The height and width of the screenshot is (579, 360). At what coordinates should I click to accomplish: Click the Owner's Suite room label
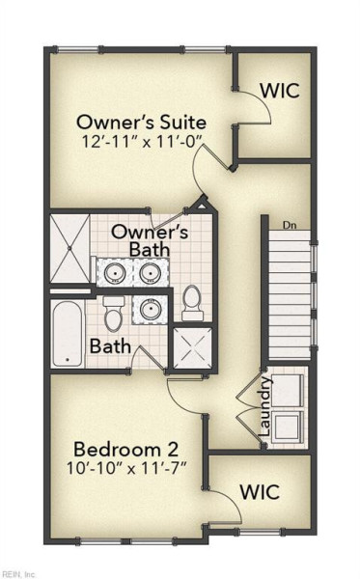(141, 123)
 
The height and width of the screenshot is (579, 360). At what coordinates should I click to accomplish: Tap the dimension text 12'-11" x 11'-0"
(143, 142)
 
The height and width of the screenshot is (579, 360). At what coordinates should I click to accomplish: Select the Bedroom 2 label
(126, 450)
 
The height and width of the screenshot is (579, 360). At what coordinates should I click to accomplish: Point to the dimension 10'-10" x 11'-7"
(125, 468)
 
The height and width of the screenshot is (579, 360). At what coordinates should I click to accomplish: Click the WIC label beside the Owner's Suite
(280, 91)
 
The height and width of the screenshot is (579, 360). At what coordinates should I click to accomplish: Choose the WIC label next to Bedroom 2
(260, 492)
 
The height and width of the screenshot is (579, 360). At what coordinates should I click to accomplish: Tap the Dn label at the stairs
(290, 225)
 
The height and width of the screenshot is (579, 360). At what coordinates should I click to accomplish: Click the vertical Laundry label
(265, 406)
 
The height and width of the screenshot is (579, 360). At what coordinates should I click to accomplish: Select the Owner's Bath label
(150, 240)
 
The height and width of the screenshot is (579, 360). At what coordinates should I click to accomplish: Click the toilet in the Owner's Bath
(192, 303)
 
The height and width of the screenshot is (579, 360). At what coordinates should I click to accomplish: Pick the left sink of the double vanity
(115, 273)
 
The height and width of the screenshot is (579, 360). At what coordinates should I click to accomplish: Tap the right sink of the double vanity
(151, 273)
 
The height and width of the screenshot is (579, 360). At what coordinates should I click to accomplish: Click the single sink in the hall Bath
(150, 309)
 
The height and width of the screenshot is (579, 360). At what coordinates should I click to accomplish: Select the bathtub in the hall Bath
(68, 334)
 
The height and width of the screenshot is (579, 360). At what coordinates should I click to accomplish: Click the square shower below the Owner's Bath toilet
(193, 347)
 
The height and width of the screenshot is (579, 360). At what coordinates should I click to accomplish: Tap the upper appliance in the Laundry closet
(288, 391)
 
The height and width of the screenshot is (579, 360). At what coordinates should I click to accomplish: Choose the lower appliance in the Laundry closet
(288, 427)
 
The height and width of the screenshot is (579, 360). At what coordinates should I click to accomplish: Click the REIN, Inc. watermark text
(17, 574)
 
